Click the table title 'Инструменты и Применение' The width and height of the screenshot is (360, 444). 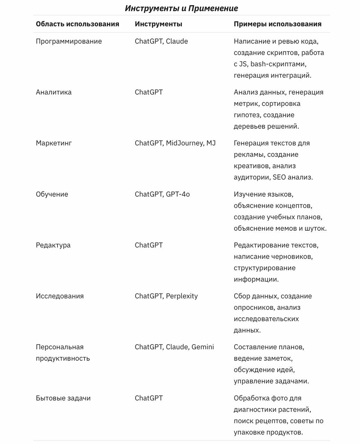(x=181, y=8)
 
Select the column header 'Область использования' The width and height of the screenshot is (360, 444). (x=77, y=24)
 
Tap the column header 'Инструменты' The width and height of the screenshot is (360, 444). (x=158, y=24)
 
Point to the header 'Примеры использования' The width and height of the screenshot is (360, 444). (x=278, y=24)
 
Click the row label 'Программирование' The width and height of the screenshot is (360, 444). (x=69, y=41)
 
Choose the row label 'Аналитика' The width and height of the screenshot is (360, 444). (x=54, y=92)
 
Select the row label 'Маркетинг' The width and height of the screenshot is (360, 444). (x=54, y=143)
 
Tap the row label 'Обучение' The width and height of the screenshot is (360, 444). (x=52, y=194)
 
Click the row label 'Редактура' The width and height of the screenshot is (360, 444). (x=53, y=245)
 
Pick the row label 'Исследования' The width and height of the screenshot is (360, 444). (x=60, y=296)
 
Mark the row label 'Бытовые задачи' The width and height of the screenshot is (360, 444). (x=63, y=398)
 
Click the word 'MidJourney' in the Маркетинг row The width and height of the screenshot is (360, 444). (x=184, y=143)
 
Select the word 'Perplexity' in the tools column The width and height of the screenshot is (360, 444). (x=182, y=296)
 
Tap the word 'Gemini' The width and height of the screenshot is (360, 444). (x=203, y=347)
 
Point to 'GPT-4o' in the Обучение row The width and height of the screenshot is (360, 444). (x=178, y=194)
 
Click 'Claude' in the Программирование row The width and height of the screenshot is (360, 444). (x=177, y=41)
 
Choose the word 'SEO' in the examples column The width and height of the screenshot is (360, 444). (x=279, y=177)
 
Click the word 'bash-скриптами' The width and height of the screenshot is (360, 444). (x=278, y=64)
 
